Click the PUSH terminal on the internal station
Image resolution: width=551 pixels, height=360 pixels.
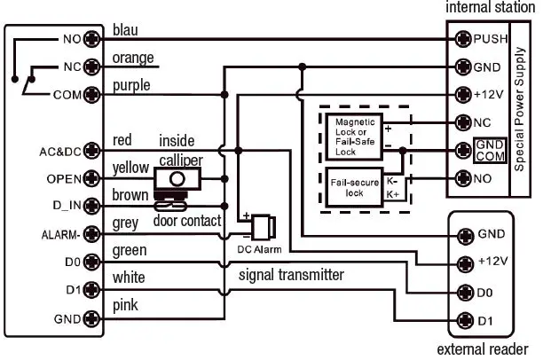[x=462, y=38]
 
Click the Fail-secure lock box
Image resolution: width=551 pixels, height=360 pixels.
[x=354, y=187]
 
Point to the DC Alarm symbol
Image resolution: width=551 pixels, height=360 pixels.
[x=263, y=228]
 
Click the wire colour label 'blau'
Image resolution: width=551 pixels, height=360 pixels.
[x=125, y=31]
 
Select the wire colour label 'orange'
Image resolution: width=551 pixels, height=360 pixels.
[x=133, y=59]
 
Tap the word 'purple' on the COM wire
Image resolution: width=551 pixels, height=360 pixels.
[x=131, y=86]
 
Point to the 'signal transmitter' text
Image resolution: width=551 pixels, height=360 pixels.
[x=290, y=275]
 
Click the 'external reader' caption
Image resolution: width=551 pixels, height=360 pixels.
[x=483, y=348]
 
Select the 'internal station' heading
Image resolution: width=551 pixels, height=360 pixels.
[x=490, y=8]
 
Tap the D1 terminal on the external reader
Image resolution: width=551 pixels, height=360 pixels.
[x=462, y=319]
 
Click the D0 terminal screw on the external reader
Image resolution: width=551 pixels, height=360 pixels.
[x=462, y=291]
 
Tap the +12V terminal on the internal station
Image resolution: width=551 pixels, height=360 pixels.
[x=462, y=94]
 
